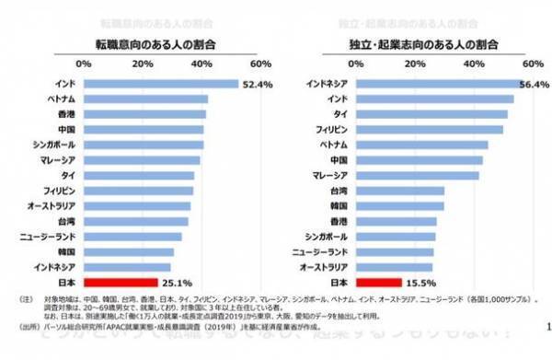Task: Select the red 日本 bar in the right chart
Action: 378,282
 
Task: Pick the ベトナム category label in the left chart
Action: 59,99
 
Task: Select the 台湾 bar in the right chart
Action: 400,191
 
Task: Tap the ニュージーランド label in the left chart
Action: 47,237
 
